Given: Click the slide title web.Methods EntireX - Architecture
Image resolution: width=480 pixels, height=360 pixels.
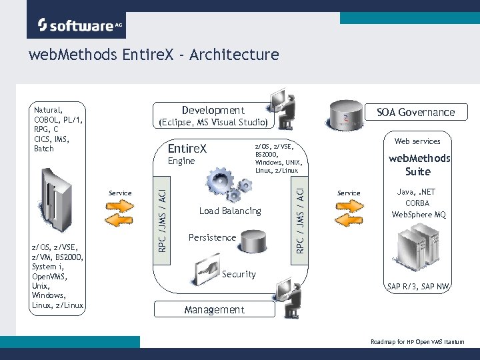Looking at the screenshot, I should [x=153, y=55].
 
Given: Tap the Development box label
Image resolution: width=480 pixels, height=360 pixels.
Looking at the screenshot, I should [x=213, y=111].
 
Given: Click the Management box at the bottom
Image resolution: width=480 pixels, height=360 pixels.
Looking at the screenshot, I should [x=214, y=309].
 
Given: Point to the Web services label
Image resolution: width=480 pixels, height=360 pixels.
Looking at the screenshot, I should [x=417, y=141].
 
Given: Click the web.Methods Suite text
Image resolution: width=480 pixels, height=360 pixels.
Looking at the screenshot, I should [x=419, y=165].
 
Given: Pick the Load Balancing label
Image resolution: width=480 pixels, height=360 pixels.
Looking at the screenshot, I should [x=230, y=211].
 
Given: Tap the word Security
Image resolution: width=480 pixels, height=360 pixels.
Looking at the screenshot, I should [x=239, y=274].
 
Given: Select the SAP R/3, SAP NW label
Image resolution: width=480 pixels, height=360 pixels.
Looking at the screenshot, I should [x=419, y=287].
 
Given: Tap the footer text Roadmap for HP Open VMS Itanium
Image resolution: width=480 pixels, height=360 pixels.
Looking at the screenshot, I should [x=417, y=342].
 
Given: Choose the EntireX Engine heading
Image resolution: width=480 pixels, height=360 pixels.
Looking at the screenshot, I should [x=187, y=153].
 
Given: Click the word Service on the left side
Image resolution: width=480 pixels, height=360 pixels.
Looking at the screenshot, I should [x=120, y=193].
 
